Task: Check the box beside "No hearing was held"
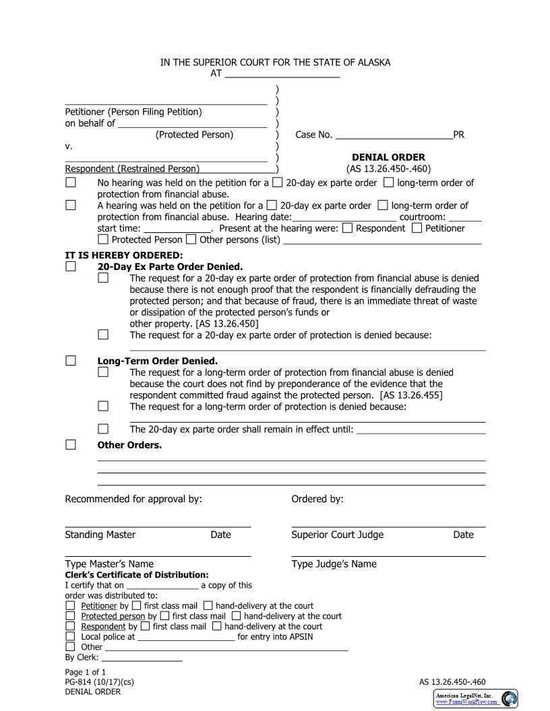click(x=71, y=182)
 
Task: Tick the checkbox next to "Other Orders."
click(x=71, y=444)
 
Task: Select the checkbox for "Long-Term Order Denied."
click(x=71, y=360)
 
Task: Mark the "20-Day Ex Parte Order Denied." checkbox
click(x=71, y=266)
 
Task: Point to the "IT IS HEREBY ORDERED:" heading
click(x=123, y=255)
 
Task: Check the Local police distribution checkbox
click(x=71, y=636)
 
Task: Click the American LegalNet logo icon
click(x=510, y=698)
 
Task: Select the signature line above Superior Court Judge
click(x=388, y=526)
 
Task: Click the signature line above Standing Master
click(x=158, y=526)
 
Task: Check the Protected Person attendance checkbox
click(x=103, y=239)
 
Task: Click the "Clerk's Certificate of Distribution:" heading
click(x=137, y=575)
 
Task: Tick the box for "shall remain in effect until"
click(x=103, y=428)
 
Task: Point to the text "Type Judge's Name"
click(x=334, y=564)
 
